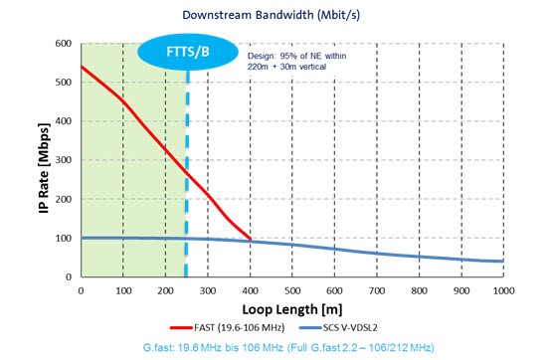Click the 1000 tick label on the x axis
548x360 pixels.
503,290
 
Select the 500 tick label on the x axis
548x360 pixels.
292,290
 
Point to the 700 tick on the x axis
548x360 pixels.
377,290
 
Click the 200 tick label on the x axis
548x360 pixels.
165,290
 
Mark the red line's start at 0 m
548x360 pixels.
81,67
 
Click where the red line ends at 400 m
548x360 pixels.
250,241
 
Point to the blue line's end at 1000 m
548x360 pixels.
503,262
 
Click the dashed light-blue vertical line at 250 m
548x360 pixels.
186,179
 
